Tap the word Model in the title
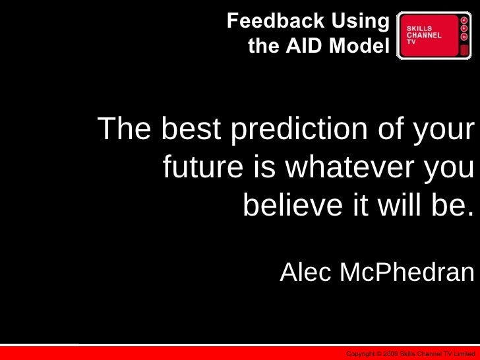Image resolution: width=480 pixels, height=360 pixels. point(359,46)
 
